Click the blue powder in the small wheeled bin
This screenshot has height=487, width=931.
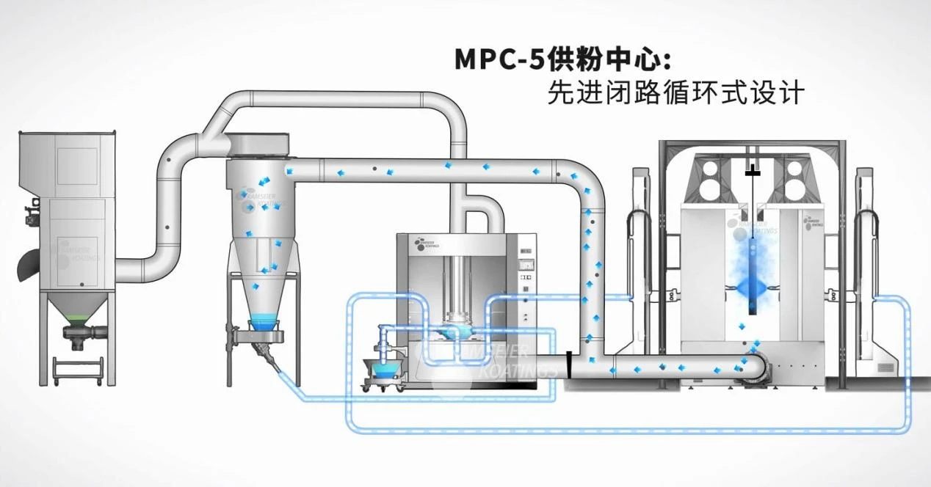382,364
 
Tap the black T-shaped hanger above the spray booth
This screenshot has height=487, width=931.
750,173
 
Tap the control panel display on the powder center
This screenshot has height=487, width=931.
526,252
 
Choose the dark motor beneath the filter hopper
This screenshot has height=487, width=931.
78,335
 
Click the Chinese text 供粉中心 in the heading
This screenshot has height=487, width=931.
607,59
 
